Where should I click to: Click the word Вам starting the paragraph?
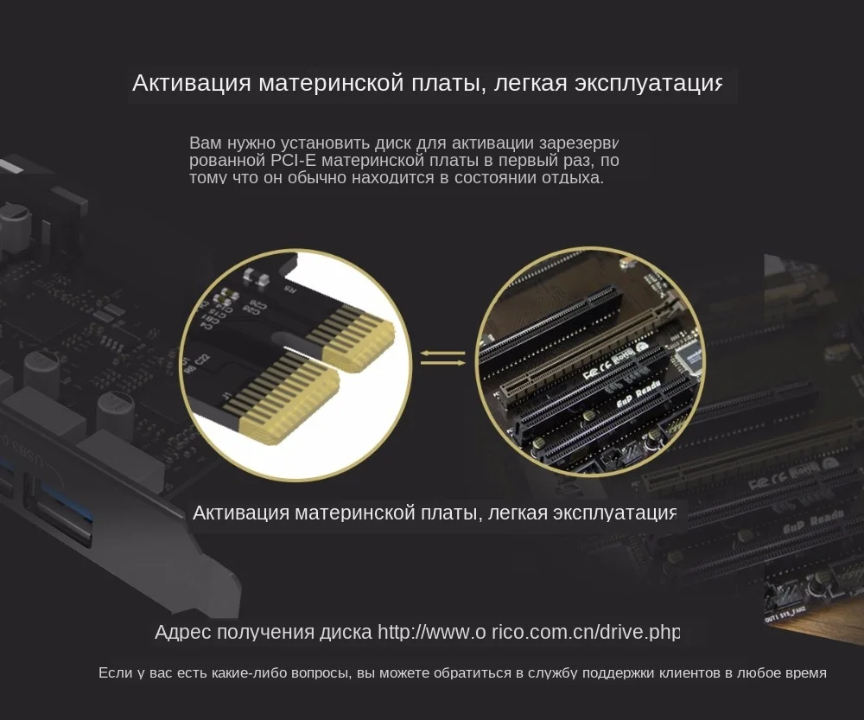click(x=205, y=143)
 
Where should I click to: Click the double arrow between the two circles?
click(x=442, y=358)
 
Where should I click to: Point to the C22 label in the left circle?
click(x=200, y=360)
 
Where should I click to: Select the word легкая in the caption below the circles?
click(x=518, y=513)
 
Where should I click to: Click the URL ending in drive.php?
click(x=529, y=632)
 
